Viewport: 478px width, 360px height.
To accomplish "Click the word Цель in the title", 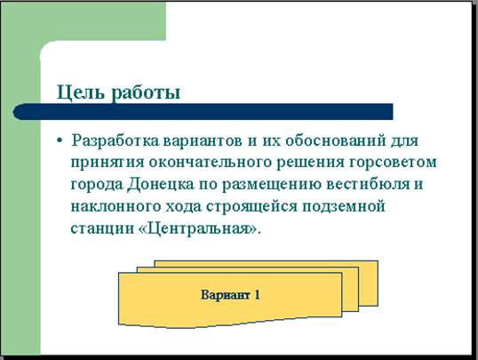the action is pyautogui.click(x=80, y=92).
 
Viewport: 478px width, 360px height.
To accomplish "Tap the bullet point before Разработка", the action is pyautogui.click(x=60, y=140).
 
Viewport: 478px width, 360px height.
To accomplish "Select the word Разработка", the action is pyautogui.click(x=115, y=141).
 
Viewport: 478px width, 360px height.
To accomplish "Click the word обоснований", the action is pyautogui.click(x=335, y=141).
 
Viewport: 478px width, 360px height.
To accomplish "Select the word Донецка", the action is pyautogui.click(x=160, y=185).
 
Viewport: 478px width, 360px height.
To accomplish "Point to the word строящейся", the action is pyautogui.click(x=251, y=207).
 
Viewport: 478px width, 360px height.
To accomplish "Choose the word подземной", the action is pyautogui.click(x=344, y=207).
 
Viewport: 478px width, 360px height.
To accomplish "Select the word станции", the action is pyautogui.click(x=102, y=229).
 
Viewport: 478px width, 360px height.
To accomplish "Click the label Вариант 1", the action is pyautogui.click(x=230, y=295).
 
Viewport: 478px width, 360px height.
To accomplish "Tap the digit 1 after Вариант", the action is pyautogui.click(x=257, y=295).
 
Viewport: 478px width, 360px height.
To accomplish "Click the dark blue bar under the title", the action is pyautogui.click(x=203, y=112).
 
